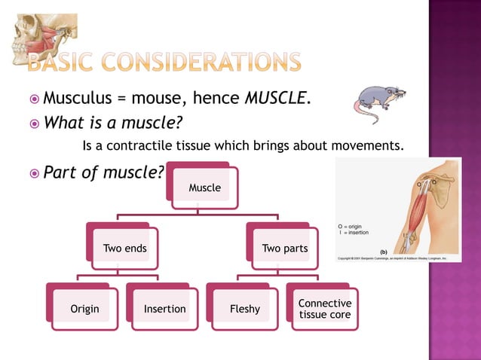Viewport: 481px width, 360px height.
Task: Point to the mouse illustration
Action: (380, 102)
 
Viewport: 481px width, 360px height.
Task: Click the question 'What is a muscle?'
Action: (113, 121)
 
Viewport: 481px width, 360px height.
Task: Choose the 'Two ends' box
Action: (125, 249)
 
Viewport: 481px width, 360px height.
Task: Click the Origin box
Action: (84, 309)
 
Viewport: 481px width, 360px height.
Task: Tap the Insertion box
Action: (164, 309)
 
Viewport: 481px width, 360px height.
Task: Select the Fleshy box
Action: (244, 309)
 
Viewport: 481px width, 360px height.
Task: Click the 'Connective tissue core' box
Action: (324, 309)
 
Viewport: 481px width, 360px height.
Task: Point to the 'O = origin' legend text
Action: (353, 225)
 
